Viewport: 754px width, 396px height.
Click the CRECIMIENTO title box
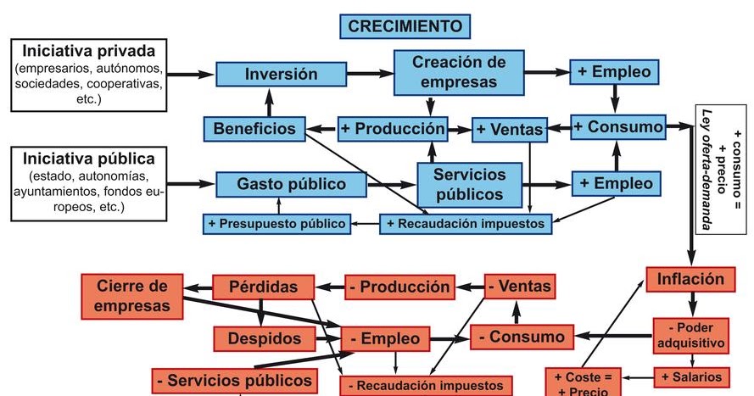point(405,26)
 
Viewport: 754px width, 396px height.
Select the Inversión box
point(269,75)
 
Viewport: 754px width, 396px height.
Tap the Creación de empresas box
point(459,72)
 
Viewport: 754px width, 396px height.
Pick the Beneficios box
point(254,129)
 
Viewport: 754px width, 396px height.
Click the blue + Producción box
point(392,128)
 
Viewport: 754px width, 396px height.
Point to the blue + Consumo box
point(617,127)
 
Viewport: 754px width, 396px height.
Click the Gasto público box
point(279,183)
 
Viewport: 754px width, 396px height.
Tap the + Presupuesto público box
point(278,224)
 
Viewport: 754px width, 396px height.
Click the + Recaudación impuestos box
point(466,224)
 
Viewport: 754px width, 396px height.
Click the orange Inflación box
point(690,279)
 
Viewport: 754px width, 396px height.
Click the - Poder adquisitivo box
point(690,335)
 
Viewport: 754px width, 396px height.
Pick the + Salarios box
point(691,376)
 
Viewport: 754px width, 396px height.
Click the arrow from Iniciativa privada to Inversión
point(194,75)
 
